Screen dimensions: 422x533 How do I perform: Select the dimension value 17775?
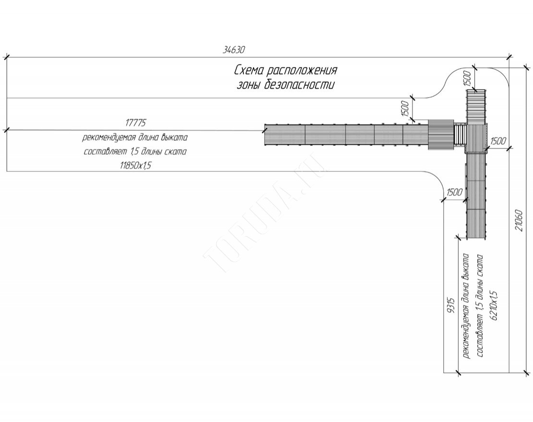click(x=135, y=123)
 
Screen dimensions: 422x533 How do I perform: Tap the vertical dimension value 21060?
click(x=519, y=220)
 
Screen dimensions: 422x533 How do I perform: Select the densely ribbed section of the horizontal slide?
click(x=441, y=135)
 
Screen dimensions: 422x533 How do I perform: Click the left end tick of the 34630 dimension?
click(x=6, y=58)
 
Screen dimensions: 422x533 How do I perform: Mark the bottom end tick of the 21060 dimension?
click(x=527, y=372)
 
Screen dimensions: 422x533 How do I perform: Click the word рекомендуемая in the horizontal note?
click(x=107, y=138)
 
